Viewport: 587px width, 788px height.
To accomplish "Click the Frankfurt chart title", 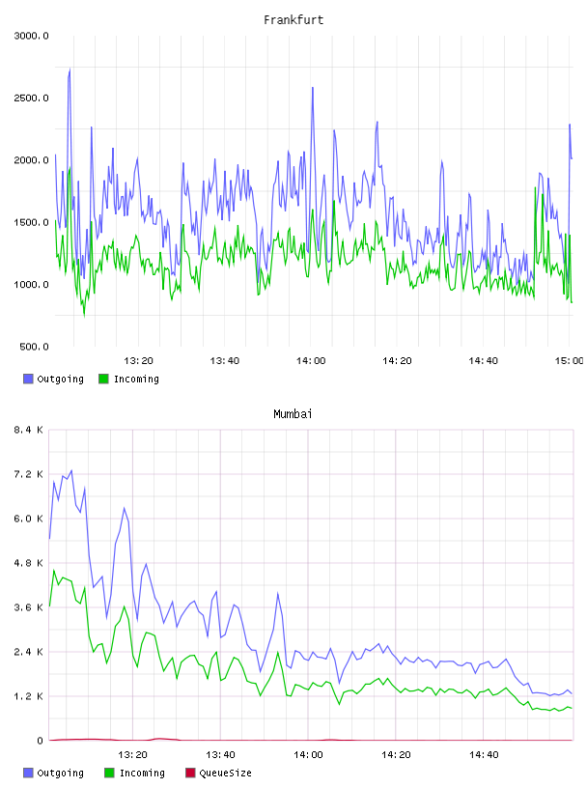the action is [293, 20].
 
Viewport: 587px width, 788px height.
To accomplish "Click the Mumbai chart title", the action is [293, 414].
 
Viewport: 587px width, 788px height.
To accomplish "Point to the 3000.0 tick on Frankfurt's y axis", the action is [31, 36].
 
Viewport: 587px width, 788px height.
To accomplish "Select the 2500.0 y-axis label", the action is [31, 98].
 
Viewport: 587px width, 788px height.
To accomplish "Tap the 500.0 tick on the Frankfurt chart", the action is [34, 347].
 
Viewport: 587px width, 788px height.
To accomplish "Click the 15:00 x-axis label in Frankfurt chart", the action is [569, 361].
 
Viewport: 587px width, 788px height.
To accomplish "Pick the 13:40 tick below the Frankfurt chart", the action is [225, 361].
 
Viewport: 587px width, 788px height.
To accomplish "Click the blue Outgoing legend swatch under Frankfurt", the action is [28, 379].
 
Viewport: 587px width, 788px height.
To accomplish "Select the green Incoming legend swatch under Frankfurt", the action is [103, 379].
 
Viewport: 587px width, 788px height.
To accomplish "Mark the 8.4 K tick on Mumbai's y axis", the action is [29, 430].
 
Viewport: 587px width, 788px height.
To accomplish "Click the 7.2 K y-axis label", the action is [29, 474].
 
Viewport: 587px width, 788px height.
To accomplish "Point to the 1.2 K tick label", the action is [29, 696].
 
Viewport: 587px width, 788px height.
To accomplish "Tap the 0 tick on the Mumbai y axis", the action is [41, 741].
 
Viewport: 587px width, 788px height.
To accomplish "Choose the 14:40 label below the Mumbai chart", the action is [484, 755].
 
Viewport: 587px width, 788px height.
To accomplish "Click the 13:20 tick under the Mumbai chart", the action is [132, 755].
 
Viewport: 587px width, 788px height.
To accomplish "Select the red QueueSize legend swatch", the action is [190, 773].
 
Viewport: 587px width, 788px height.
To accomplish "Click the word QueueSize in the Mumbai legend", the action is [225, 773].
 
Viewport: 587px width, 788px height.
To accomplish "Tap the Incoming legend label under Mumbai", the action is [142, 773].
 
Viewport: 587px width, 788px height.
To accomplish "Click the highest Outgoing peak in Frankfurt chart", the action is [70, 69].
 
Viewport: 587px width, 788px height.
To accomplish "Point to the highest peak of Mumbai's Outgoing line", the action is [71, 470].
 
